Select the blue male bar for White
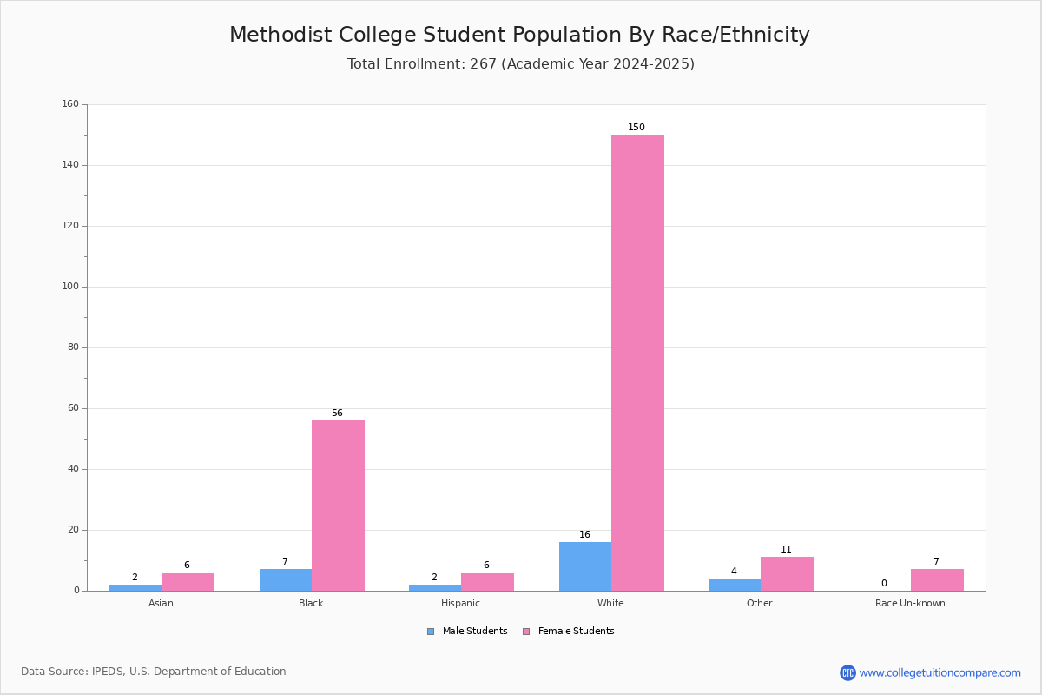(x=584, y=566)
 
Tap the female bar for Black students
(x=338, y=506)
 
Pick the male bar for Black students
(x=285, y=580)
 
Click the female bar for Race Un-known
(x=937, y=580)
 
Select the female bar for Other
(x=787, y=574)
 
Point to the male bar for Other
(x=734, y=585)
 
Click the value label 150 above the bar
(x=636, y=128)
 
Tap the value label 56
(x=337, y=414)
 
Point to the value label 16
(x=584, y=535)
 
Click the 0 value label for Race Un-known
(x=884, y=584)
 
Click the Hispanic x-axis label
(x=460, y=603)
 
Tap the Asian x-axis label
(x=161, y=603)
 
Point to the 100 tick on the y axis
(x=70, y=287)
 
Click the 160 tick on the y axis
(x=70, y=104)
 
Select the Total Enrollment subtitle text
(x=520, y=64)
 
